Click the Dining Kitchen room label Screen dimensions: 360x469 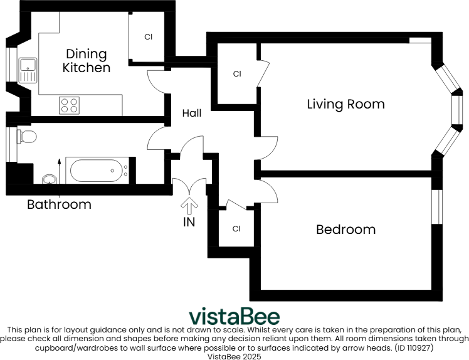[x=87, y=61]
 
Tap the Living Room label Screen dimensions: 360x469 [x=345, y=104]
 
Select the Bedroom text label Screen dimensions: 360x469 [x=345, y=230]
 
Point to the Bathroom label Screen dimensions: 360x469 [x=59, y=204]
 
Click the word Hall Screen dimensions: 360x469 [x=192, y=114]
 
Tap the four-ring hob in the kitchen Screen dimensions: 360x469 [x=69, y=105]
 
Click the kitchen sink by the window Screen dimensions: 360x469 [x=28, y=70]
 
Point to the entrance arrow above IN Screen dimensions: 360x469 [x=189, y=205]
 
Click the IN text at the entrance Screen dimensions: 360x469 [x=189, y=221]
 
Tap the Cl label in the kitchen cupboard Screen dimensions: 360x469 [x=149, y=37]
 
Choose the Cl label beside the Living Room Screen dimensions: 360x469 [x=237, y=74]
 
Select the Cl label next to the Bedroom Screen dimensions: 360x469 [x=236, y=229]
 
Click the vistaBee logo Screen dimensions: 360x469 [x=234, y=316]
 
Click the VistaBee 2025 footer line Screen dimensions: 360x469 [x=234, y=356]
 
